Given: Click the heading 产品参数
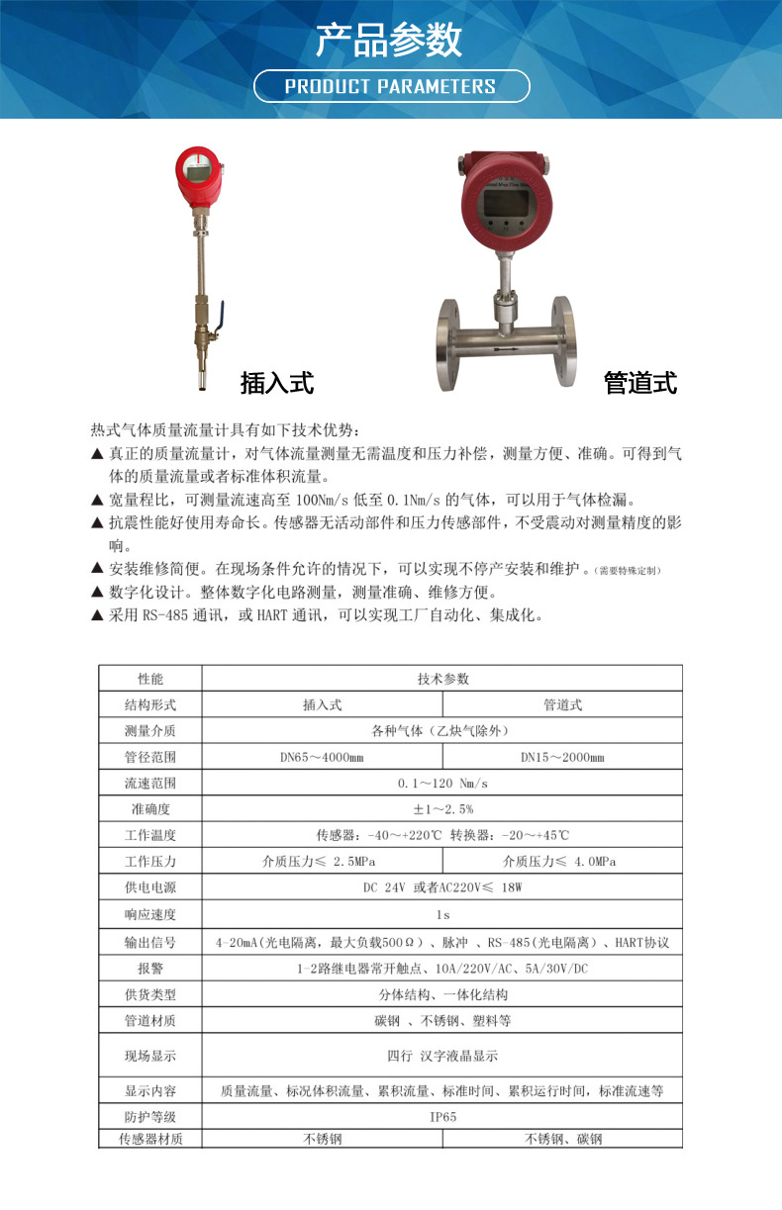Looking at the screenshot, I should click(390, 41).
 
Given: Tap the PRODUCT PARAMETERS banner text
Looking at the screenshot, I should click(390, 86).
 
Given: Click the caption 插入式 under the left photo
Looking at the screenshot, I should click(276, 383).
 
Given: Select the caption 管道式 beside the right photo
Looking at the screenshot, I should click(640, 383).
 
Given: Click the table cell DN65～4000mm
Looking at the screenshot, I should click(322, 757).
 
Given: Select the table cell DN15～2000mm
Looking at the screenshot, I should click(562, 757).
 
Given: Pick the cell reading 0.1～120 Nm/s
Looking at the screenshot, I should click(442, 784).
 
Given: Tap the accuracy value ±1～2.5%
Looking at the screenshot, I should click(442, 809).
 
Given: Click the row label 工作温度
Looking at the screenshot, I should click(150, 835).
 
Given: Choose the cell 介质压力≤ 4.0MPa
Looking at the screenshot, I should click(561, 861).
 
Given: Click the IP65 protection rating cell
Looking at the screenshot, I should click(442, 1116).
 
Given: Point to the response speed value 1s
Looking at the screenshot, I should click(442, 913).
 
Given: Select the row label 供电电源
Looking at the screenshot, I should click(150, 887).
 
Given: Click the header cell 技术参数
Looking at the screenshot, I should click(442, 679).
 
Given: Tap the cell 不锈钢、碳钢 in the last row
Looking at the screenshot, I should click(562, 1139).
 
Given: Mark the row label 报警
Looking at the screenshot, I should click(150, 969).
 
